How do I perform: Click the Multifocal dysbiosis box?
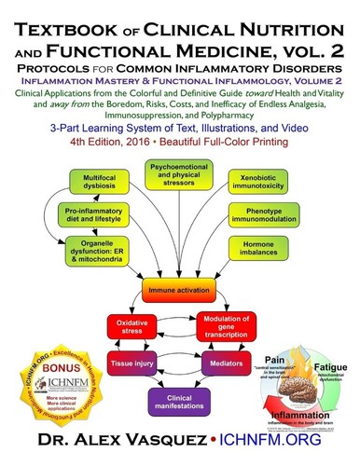86,180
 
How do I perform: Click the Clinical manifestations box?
182,397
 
